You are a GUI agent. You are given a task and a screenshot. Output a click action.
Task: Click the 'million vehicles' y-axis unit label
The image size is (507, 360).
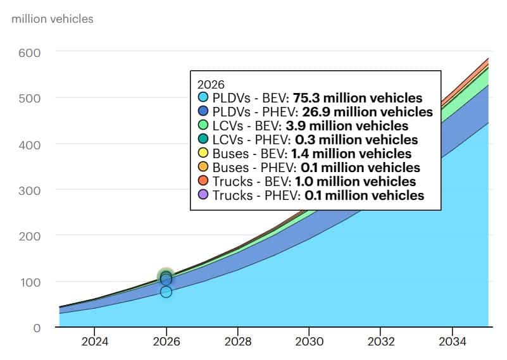[x=53, y=19]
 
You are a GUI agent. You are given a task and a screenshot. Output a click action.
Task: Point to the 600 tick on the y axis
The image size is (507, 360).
[x=30, y=52]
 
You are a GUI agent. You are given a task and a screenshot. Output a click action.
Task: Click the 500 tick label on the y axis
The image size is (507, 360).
[x=30, y=98]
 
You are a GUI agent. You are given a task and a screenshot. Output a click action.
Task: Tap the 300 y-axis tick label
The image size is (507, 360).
[x=30, y=190]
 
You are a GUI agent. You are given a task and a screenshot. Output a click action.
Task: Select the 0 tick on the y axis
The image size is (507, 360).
[x=37, y=328]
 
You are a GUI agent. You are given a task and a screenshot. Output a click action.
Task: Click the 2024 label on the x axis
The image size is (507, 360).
[x=94, y=342]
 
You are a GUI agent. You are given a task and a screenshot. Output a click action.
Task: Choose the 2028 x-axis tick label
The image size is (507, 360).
[x=237, y=342]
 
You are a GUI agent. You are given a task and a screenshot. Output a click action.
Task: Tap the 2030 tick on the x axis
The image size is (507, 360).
[x=308, y=342]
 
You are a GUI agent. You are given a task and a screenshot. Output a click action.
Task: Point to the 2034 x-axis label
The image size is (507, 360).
[x=451, y=342]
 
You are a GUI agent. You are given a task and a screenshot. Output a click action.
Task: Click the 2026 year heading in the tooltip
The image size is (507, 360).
[x=210, y=84]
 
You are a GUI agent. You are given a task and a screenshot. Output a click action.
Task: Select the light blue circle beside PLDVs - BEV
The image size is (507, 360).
[x=203, y=98]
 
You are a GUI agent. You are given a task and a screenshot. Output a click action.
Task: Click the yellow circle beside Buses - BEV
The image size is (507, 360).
[x=203, y=154]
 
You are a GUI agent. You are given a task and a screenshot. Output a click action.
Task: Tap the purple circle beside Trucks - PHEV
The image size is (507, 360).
[x=203, y=196]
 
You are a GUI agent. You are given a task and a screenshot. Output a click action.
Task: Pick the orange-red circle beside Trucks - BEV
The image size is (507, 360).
[x=203, y=182]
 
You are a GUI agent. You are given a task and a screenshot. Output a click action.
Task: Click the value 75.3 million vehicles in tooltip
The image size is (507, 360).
[x=357, y=98]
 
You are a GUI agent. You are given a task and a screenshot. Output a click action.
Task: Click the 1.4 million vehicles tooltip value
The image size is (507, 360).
[x=351, y=154]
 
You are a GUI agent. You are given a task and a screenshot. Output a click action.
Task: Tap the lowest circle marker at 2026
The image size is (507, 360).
[x=166, y=292]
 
